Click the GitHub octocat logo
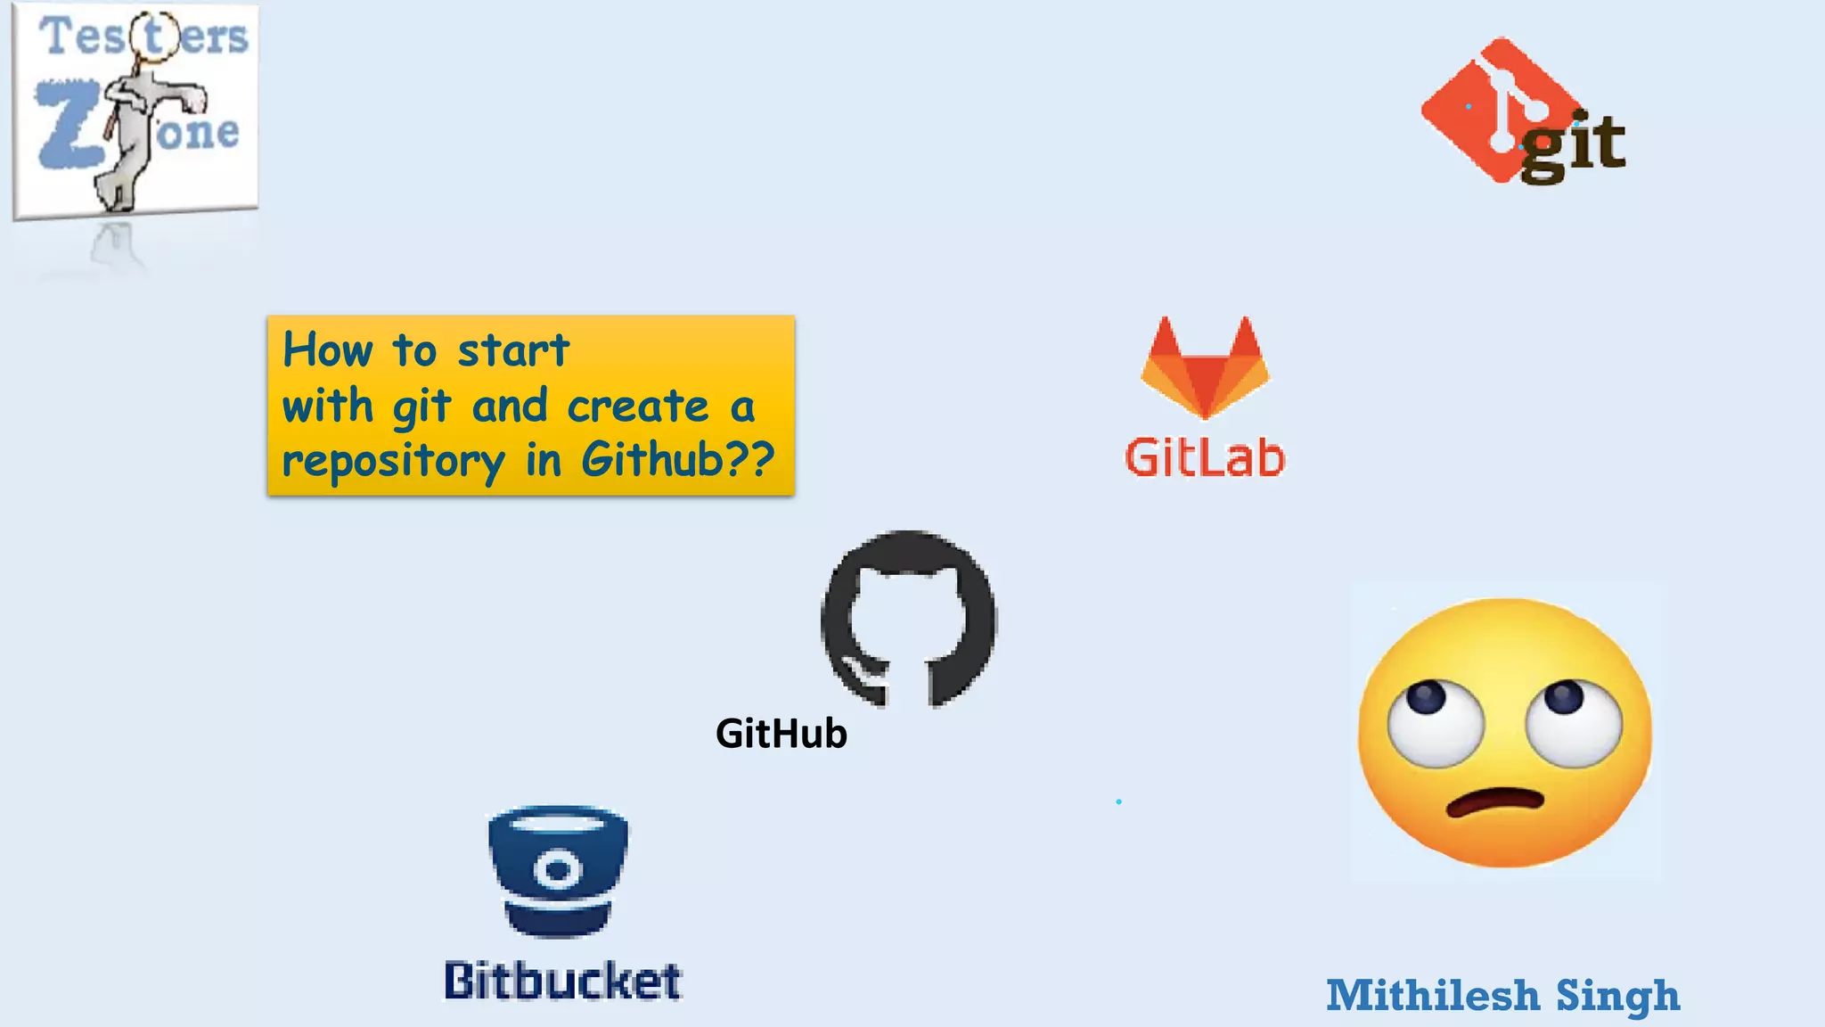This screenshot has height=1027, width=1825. coord(908,619)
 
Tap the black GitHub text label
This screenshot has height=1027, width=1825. coord(782,734)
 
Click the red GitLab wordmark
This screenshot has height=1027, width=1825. coord(1205,458)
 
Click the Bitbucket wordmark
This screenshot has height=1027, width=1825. coord(563,981)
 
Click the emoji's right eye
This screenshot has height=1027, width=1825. coord(1572,719)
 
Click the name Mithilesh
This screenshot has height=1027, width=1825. coord(1433,996)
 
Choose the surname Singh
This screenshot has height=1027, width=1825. coord(1617,997)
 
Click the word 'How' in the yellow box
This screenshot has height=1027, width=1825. coord(327,349)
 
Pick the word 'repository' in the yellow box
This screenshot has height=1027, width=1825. coord(393,462)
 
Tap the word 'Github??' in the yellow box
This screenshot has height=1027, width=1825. coord(678,460)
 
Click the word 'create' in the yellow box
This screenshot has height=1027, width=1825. coord(638,407)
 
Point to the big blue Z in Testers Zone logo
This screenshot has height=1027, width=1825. coord(67,125)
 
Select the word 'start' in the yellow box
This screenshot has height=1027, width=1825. coord(513,350)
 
